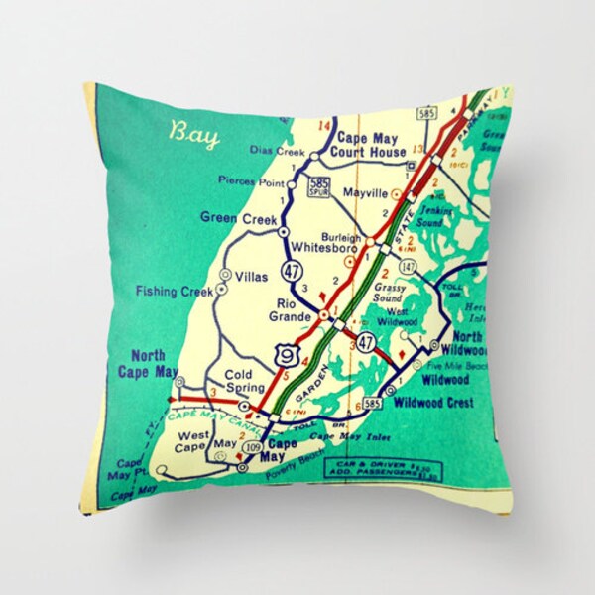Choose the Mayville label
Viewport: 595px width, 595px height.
click(x=363, y=193)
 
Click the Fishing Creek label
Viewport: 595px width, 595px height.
click(x=176, y=292)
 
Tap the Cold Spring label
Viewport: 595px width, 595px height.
click(x=244, y=381)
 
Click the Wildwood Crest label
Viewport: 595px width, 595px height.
click(x=433, y=403)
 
